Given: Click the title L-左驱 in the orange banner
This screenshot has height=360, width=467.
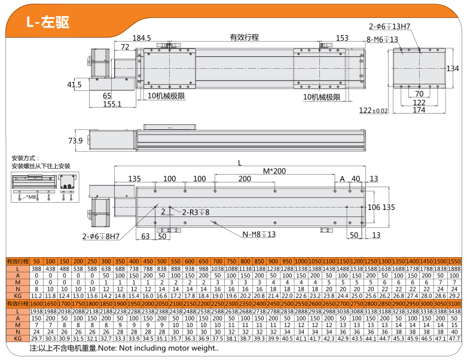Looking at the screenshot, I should (x=48, y=22).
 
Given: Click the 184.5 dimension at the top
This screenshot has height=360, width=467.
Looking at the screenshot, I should (x=142, y=38).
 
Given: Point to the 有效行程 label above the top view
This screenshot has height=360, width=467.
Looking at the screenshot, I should (x=244, y=38).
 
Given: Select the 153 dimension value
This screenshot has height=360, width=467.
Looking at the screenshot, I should (x=342, y=38).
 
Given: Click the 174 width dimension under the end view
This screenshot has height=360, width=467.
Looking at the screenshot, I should (x=419, y=110).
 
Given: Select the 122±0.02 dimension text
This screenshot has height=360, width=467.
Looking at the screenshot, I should (x=374, y=110).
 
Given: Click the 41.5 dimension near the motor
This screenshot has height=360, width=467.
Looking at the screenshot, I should (x=74, y=85).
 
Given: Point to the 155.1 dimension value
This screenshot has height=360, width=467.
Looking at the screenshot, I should (x=112, y=104).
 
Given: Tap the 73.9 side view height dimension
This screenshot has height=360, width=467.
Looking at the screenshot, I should (x=75, y=141).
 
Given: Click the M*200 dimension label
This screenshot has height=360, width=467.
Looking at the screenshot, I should (x=275, y=171).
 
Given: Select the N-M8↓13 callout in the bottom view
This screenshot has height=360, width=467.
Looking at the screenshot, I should (x=259, y=234).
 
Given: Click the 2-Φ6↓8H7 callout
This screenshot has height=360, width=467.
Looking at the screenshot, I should (x=102, y=236).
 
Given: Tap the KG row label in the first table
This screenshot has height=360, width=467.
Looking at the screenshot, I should (x=17, y=295).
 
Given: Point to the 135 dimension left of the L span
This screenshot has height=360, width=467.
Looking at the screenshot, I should (x=134, y=179).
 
